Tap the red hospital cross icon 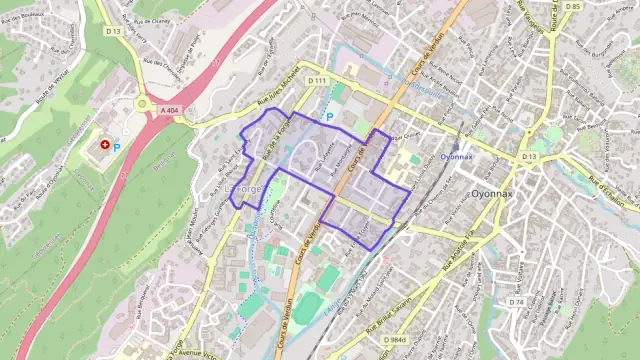click(x=104, y=146)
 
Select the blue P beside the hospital click(x=116, y=148)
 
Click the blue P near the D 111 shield click(x=329, y=117)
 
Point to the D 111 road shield click(x=318, y=80)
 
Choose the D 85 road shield click(x=571, y=7)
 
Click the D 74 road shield click(x=516, y=301)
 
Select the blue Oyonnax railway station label click(x=456, y=157)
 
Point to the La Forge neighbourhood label click(x=245, y=188)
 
